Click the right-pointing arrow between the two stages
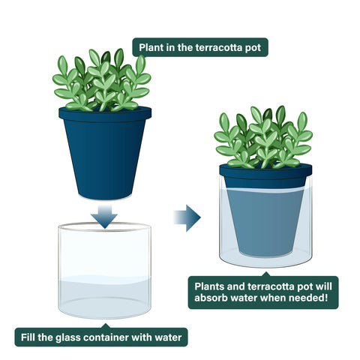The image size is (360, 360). point(187,217)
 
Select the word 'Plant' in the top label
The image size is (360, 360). point(151,47)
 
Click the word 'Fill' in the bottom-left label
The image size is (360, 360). point(28,337)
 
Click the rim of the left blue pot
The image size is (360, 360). point(105,114)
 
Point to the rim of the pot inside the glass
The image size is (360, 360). point(265,171)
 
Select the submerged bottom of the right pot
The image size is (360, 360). point(265,253)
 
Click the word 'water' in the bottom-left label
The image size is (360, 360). point(168,337)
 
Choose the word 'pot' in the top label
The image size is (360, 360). point(253,48)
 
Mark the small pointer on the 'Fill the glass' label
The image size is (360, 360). point(106,325)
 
